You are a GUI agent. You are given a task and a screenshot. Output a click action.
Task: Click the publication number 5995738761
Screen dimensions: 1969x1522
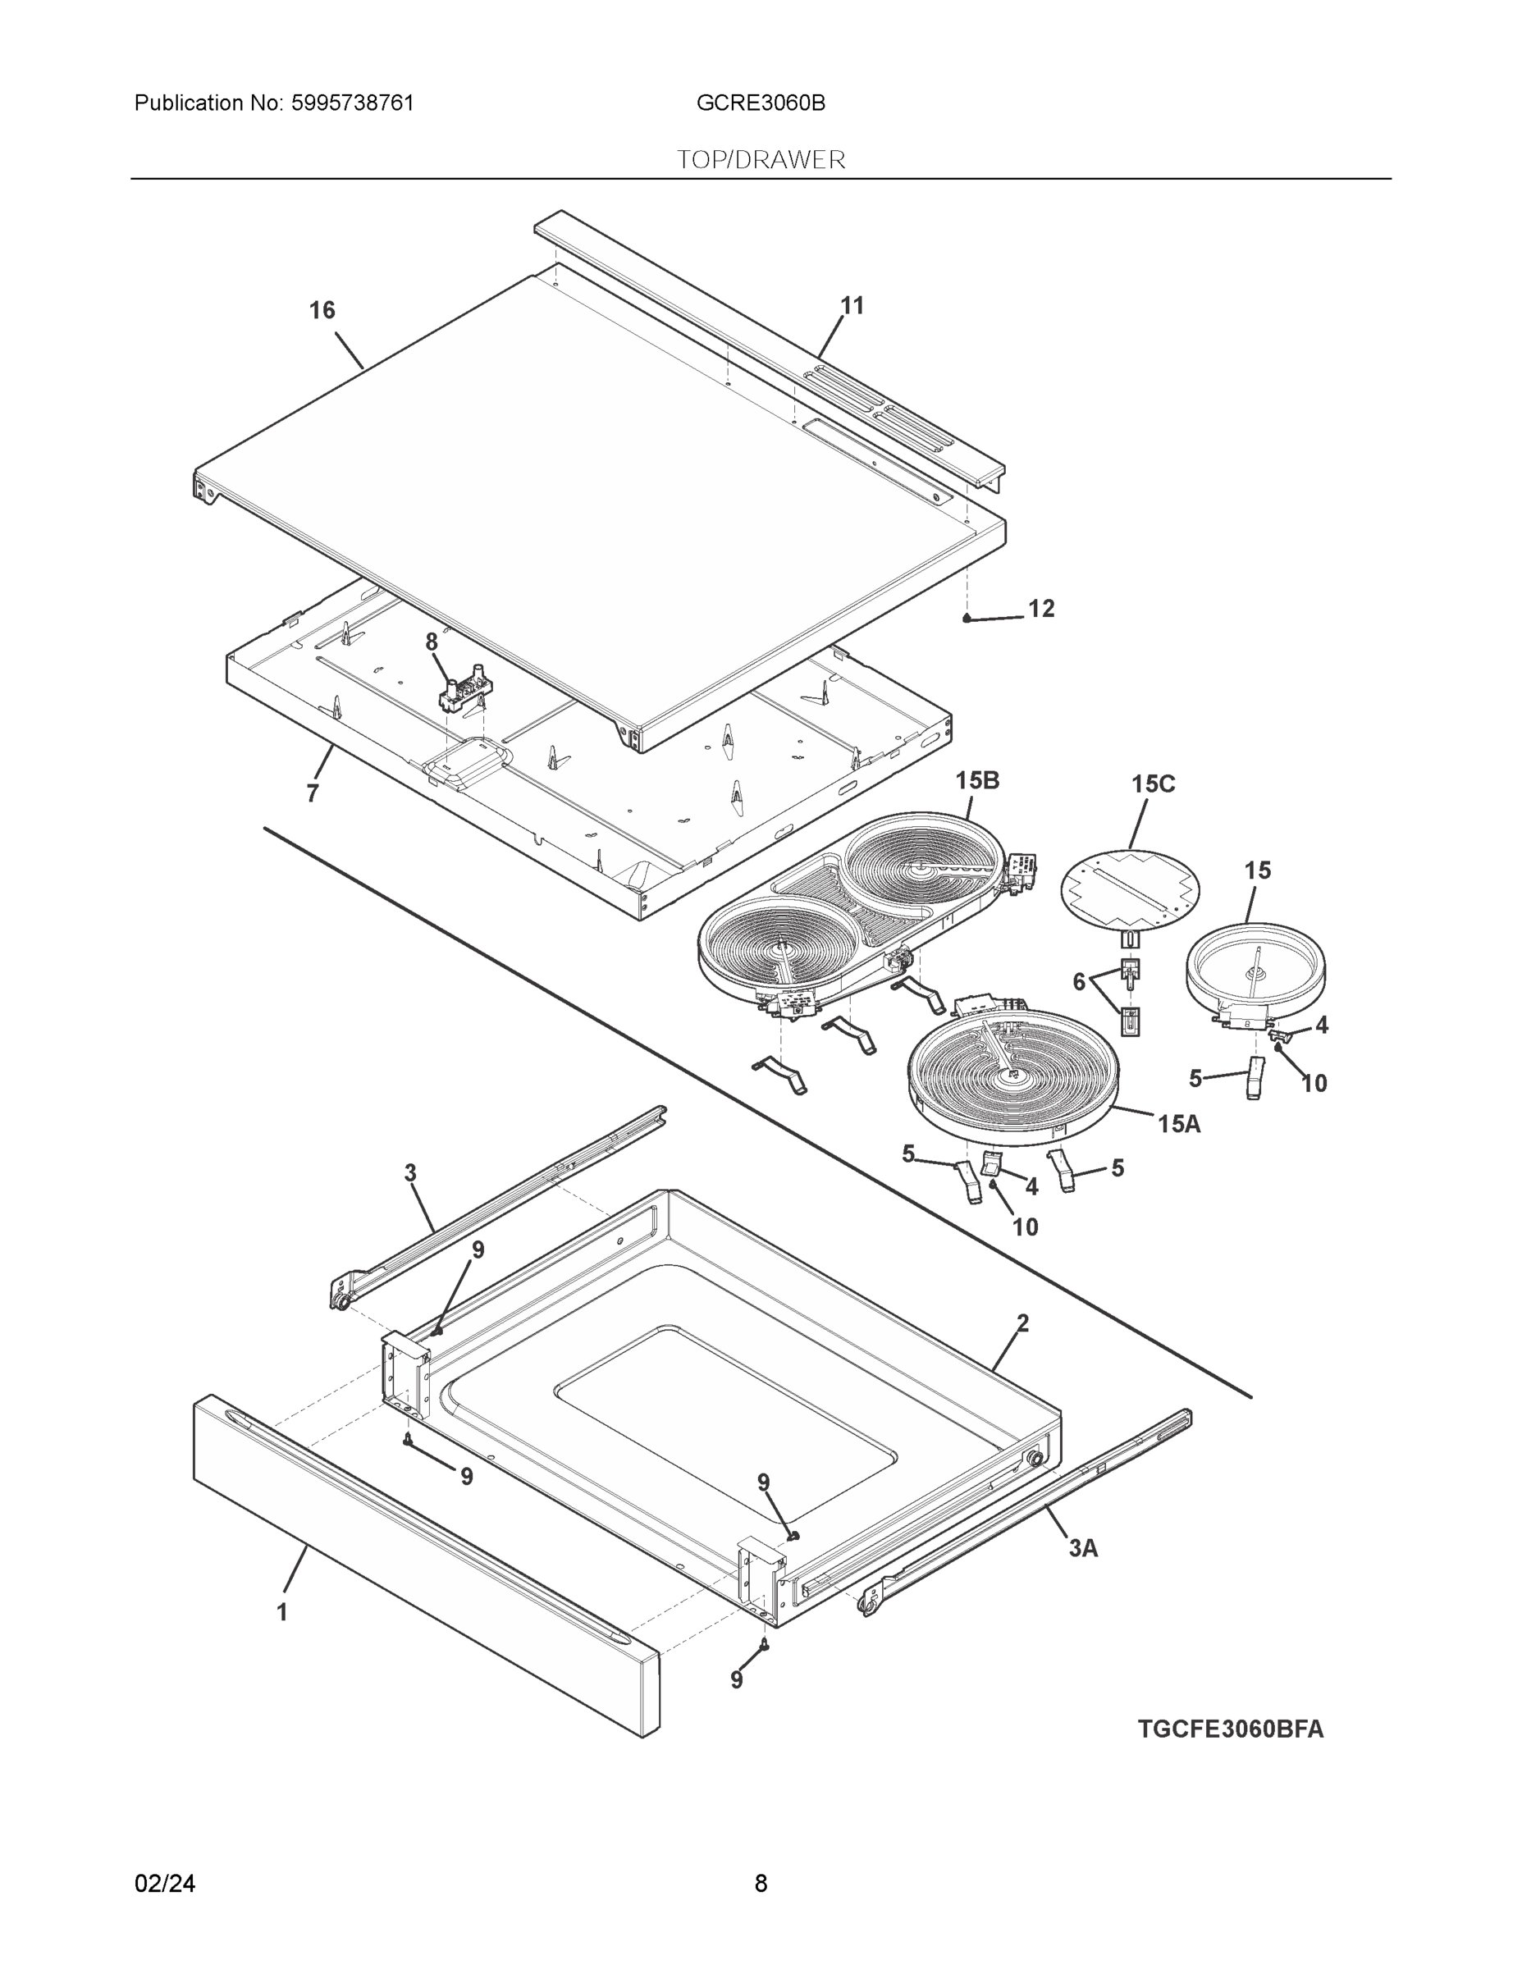(353, 103)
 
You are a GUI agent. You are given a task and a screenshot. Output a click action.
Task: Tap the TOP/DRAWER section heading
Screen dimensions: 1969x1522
(761, 160)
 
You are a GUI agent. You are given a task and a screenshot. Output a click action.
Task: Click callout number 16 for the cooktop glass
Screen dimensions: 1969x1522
(322, 310)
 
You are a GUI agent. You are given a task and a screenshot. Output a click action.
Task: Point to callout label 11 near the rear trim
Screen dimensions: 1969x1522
(852, 306)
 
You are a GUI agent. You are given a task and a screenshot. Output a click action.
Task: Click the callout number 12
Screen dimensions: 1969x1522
(1040, 609)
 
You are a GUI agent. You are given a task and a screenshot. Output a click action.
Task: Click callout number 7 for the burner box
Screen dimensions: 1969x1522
(312, 793)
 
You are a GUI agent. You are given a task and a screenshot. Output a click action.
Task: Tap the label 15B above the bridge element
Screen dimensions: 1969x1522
(977, 780)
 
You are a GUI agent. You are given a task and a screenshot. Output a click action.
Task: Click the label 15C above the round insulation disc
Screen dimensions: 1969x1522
(1154, 783)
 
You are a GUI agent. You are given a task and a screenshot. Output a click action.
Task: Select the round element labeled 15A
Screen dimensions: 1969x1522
(1012, 1077)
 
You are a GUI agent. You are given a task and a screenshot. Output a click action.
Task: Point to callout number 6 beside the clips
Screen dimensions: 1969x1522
(1078, 982)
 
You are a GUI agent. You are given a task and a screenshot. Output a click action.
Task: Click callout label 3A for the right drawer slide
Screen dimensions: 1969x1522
(1083, 1548)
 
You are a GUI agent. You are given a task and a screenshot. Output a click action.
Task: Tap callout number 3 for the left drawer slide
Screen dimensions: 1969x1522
(410, 1173)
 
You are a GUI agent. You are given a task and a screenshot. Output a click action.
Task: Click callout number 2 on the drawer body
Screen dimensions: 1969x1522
(1022, 1323)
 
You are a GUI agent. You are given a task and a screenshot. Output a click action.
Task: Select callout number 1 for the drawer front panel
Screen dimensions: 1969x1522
(282, 1612)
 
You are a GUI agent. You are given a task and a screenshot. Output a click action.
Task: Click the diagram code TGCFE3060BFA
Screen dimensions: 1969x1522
(1230, 1729)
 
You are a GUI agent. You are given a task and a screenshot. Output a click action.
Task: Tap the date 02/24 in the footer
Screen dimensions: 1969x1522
(165, 1883)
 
